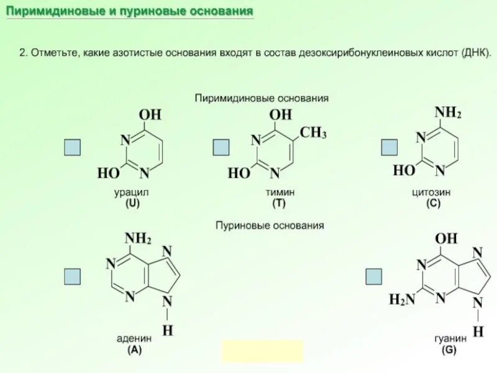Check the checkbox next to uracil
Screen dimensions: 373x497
click(73, 147)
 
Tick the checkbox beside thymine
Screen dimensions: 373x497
click(221, 147)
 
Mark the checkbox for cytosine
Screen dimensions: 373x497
click(389, 147)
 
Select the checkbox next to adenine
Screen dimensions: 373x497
click(73, 276)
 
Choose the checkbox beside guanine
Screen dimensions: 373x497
click(374, 276)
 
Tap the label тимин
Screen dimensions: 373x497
click(283, 193)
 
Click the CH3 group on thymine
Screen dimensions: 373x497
click(313, 132)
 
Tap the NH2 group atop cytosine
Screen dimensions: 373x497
click(448, 113)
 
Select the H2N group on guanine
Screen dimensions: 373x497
click(401, 300)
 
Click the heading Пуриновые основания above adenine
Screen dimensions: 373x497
click(270, 226)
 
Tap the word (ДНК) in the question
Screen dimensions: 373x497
click(476, 54)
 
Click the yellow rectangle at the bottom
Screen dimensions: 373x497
click(262, 351)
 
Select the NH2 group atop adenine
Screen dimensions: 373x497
click(138, 239)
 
